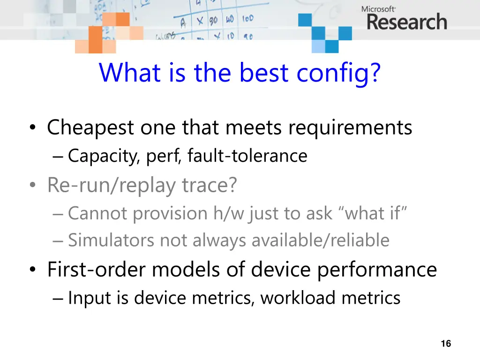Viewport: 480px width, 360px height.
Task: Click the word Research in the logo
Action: pos(406,22)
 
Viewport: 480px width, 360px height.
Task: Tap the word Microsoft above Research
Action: pos(378,8)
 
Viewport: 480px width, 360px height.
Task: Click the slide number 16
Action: pos(446,344)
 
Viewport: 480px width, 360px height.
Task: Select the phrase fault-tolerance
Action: pos(247,156)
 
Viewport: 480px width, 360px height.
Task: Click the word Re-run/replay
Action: pos(112,185)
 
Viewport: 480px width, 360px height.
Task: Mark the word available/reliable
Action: pos(320,240)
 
